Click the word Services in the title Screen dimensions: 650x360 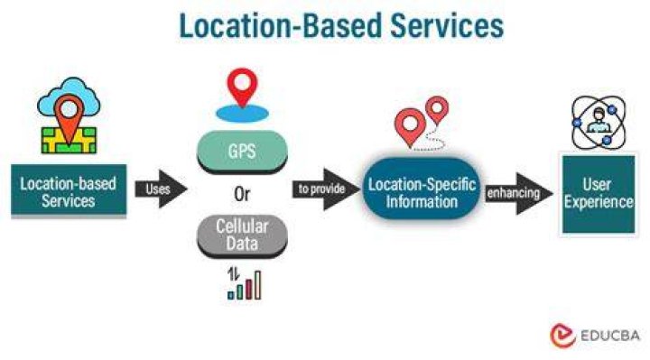pyautogui.click(x=447, y=25)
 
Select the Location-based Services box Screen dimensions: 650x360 pyautogui.click(x=69, y=190)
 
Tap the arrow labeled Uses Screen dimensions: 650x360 pyautogui.click(x=161, y=189)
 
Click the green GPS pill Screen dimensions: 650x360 pyautogui.click(x=242, y=152)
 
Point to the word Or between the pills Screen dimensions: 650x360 pyautogui.click(x=242, y=194)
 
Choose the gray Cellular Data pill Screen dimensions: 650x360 pyautogui.click(x=242, y=235)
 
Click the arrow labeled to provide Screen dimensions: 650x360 pyautogui.click(x=326, y=189)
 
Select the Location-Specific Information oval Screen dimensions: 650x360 pyautogui.click(x=422, y=189)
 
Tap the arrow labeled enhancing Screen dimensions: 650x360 pyautogui.click(x=518, y=193)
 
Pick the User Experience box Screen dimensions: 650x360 pyautogui.click(x=599, y=194)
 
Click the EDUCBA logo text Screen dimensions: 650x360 pyautogui.click(x=610, y=336)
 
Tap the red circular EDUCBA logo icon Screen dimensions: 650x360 pyautogui.click(x=562, y=336)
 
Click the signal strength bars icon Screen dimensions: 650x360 pyautogui.click(x=244, y=284)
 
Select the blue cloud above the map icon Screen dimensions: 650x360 pyautogui.click(x=69, y=97)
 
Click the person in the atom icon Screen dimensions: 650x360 pyautogui.click(x=599, y=121)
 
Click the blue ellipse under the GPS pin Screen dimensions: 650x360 pyautogui.click(x=242, y=113)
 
